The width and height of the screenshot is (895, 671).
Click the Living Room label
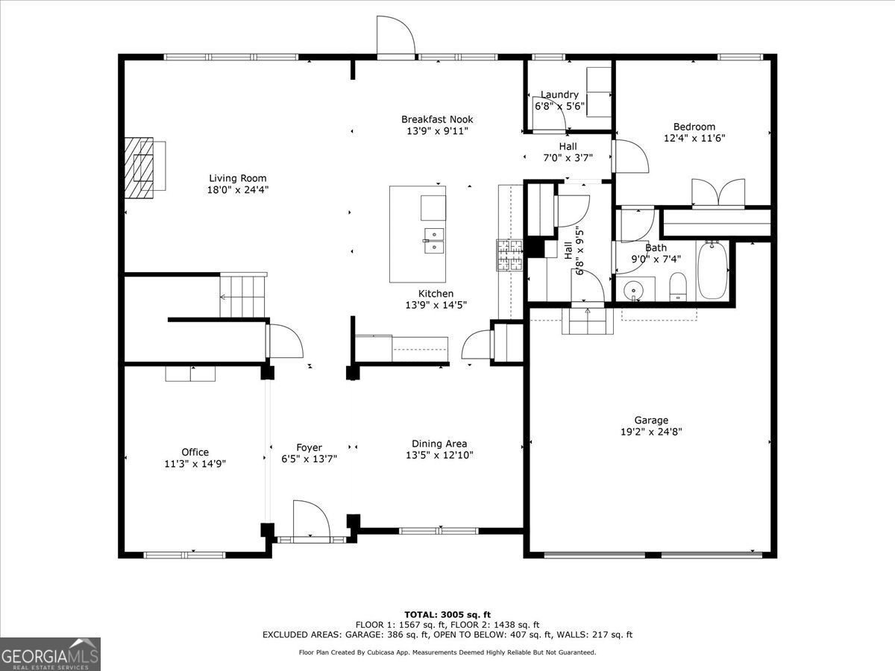[x=237, y=178]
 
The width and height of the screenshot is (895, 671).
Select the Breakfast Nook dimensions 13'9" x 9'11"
[x=437, y=131]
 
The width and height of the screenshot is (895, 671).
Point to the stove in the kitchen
[x=511, y=255]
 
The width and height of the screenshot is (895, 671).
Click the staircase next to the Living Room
[x=242, y=295]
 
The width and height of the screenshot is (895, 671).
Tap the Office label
[x=195, y=452]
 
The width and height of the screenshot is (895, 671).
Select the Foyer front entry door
[x=311, y=520]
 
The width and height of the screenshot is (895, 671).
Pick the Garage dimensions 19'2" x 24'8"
[x=651, y=432]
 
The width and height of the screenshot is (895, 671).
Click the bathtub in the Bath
[x=713, y=270]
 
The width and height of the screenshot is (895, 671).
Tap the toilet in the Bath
[x=678, y=287]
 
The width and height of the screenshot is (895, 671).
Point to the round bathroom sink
[x=634, y=288]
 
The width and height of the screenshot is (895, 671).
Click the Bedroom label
[x=694, y=127]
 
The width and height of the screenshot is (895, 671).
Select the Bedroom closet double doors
[x=717, y=192]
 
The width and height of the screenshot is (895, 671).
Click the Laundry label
[x=559, y=95]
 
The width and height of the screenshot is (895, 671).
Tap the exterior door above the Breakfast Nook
[x=395, y=37]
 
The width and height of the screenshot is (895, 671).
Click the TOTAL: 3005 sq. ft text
[x=447, y=614]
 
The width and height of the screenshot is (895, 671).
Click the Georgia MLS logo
[x=50, y=654]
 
